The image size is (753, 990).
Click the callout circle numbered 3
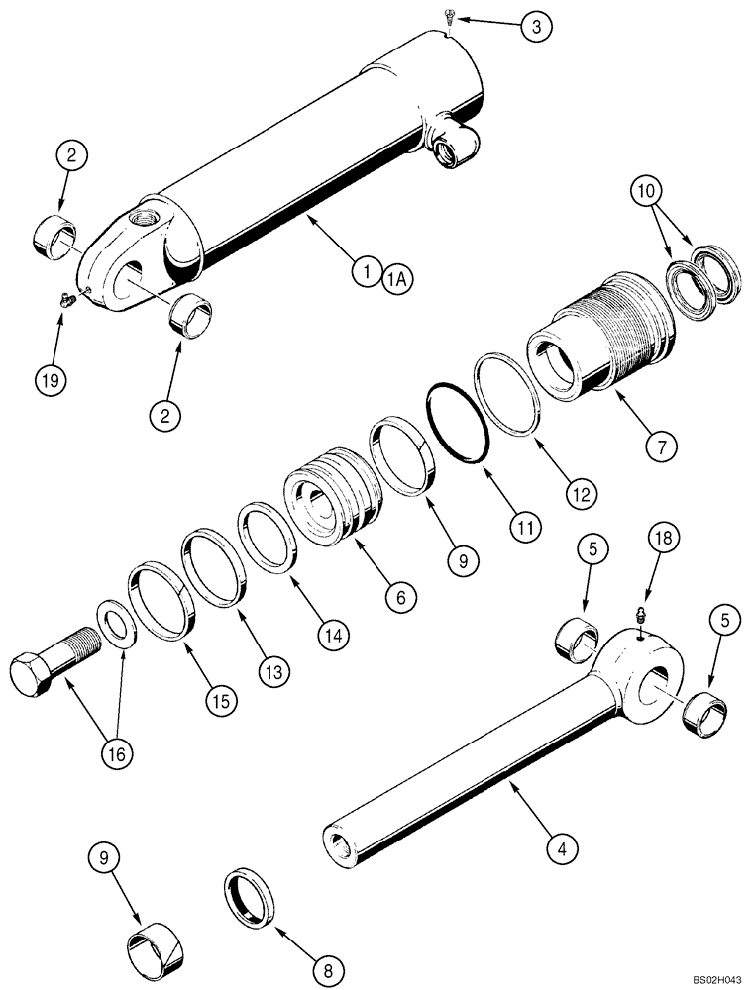pos(536,27)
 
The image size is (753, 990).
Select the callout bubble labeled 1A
pos(396,279)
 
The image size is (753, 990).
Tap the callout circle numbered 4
pos(561,847)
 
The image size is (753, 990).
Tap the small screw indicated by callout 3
pos(450,17)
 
